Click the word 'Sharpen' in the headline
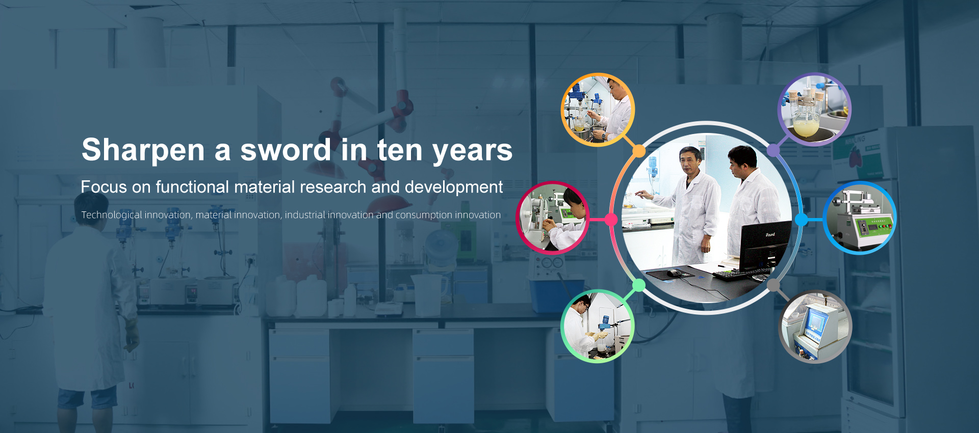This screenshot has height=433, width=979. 143,150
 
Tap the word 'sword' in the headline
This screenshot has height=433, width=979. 286,150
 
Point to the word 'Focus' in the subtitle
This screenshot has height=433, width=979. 104,187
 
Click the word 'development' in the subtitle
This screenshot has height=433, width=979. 454,187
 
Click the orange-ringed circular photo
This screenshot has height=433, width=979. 598,110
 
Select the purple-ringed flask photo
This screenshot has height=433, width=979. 814,109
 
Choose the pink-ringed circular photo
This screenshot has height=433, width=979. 553,218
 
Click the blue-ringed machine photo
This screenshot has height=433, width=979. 860,218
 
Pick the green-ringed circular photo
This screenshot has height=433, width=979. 598,326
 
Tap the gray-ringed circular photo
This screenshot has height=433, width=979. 815,327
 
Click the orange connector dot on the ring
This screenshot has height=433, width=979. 639,151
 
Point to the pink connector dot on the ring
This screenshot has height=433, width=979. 611,220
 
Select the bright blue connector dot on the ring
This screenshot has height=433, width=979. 802,220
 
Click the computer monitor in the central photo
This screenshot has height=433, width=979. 766,246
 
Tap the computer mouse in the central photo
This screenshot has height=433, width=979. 675,273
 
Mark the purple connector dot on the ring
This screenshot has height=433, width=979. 774,150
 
